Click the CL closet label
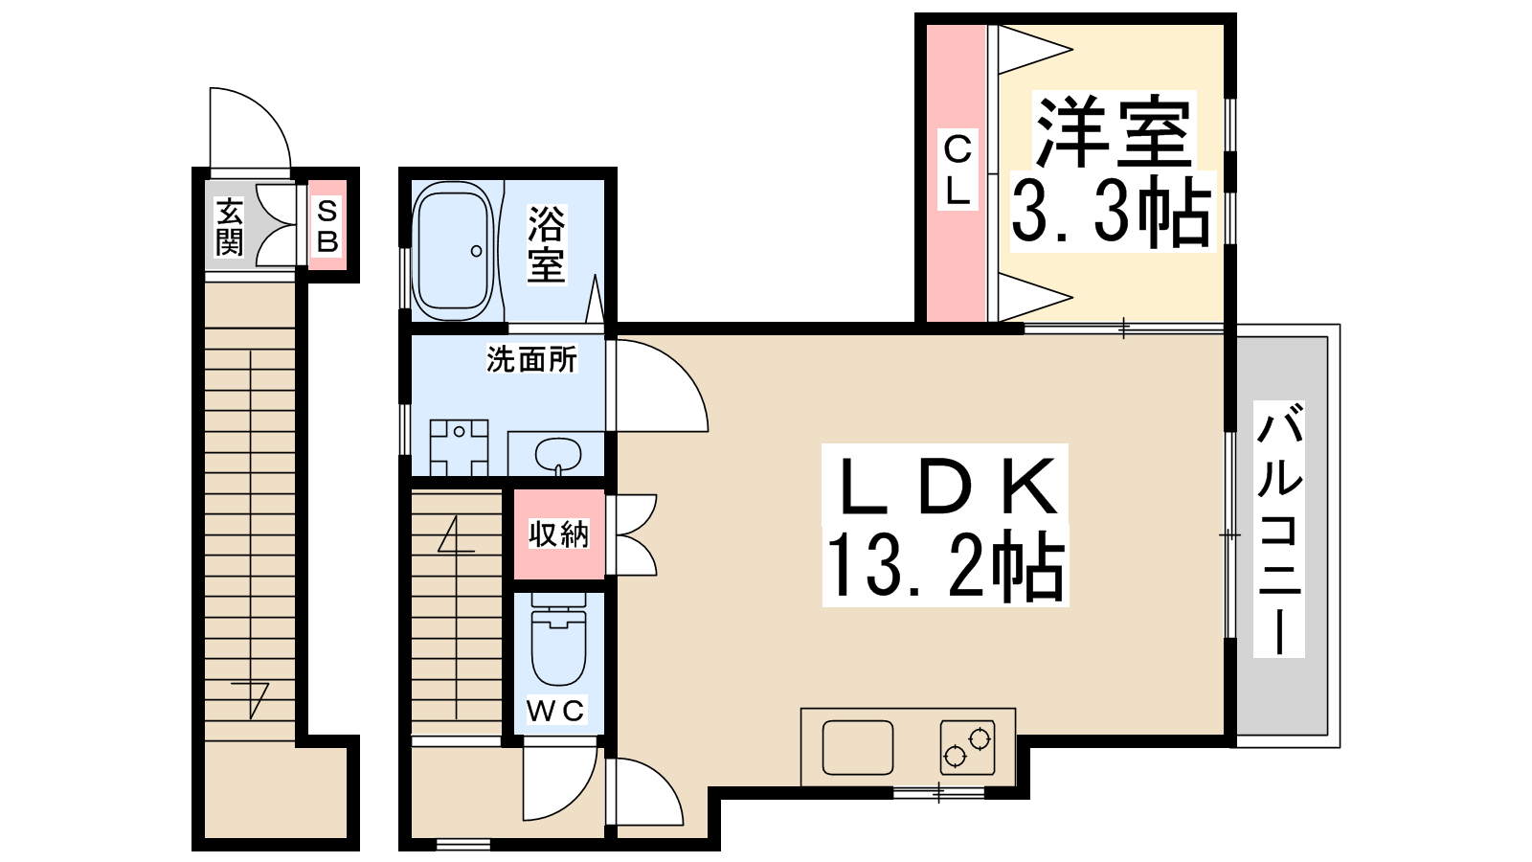coord(957,170)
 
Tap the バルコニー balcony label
coord(1279,529)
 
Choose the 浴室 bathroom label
coord(547,244)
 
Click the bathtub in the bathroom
coord(454,250)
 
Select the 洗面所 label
coord(531,359)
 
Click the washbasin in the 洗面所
coord(558,454)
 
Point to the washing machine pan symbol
coord(459,447)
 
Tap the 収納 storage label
coord(558,533)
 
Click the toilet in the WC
coord(559,640)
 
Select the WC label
coord(555,710)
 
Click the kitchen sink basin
coord(858,747)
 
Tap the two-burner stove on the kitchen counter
coord(967,747)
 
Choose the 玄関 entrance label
coord(229,226)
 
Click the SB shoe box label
coord(327,226)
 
